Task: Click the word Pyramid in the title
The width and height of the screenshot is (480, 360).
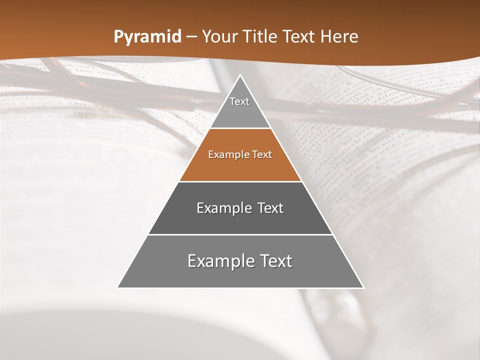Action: point(147,37)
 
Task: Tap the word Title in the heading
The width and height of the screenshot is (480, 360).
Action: point(260,36)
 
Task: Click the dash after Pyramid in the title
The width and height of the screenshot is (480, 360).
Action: point(191,37)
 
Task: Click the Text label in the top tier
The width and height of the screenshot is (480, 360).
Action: point(239,101)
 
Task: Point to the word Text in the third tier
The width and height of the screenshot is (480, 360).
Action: point(270,208)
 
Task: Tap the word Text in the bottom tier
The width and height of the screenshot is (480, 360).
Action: point(274,261)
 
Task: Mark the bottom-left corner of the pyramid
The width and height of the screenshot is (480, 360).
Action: point(118,287)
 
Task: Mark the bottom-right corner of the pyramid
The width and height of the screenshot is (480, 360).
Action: point(363,287)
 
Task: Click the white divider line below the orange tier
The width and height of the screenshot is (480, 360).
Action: point(240,181)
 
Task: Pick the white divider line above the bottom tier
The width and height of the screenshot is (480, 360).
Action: point(240,234)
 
